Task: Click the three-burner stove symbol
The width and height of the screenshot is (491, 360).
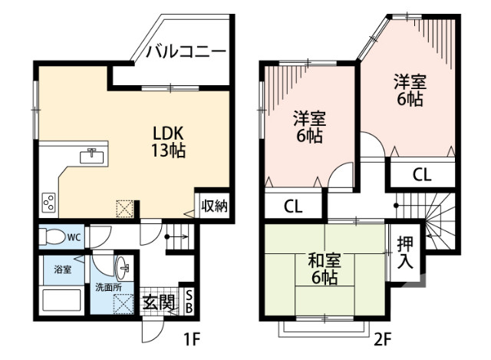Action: pyautogui.click(x=48, y=202)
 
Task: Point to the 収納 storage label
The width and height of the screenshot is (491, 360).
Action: pyautogui.click(x=214, y=205)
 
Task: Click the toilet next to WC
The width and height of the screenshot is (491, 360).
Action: pyautogui.click(x=53, y=236)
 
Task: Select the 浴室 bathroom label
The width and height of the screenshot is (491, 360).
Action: pyautogui.click(x=62, y=269)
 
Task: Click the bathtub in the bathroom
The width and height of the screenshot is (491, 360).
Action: pyautogui.click(x=63, y=300)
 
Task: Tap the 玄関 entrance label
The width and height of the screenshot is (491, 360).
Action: pyautogui.click(x=159, y=302)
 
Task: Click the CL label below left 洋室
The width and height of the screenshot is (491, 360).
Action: pyautogui.click(x=292, y=206)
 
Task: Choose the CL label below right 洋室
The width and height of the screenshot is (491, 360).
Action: pyautogui.click(x=422, y=174)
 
